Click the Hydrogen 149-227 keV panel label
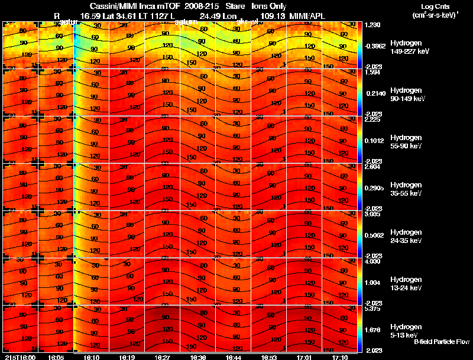pos(405,47)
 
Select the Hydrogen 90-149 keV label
pos(405,94)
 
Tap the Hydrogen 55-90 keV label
pos(405,141)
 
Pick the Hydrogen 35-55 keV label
pos(405,189)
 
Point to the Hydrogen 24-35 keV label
pos(405,236)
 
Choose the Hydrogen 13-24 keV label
pos(405,283)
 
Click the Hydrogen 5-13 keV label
pos(405,330)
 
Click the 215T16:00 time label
pos(20,357)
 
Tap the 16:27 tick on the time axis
pos(163,357)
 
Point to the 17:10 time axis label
pos(340,357)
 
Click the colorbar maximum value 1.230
pos(373,25)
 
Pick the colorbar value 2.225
pos(373,119)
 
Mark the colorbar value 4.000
pos(373,261)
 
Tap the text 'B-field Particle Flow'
pos(442,342)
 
